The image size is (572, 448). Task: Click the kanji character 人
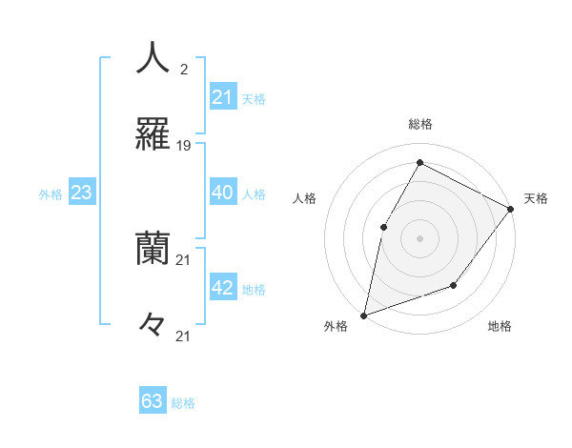point(153,58)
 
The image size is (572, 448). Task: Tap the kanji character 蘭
point(153,249)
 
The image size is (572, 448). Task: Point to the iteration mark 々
point(153,325)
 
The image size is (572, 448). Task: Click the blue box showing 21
point(223,96)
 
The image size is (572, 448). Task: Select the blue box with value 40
point(223,192)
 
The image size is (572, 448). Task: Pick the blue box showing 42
point(223,288)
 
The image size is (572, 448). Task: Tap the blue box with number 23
point(82,193)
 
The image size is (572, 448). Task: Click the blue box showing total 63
point(153,401)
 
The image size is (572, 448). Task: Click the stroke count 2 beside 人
point(183,70)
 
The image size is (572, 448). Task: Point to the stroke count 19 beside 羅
point(184,146)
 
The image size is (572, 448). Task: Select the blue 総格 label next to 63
point(183,403)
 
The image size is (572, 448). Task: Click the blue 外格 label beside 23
point(51,194)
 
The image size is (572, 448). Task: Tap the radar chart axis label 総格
point(420,124)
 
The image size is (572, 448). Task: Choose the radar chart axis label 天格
point(536,198)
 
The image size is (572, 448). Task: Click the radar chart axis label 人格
point(305,198)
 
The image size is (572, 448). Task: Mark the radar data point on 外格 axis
point(364,315)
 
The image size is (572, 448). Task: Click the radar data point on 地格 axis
point(454,285)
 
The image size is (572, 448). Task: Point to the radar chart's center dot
point(419,238)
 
